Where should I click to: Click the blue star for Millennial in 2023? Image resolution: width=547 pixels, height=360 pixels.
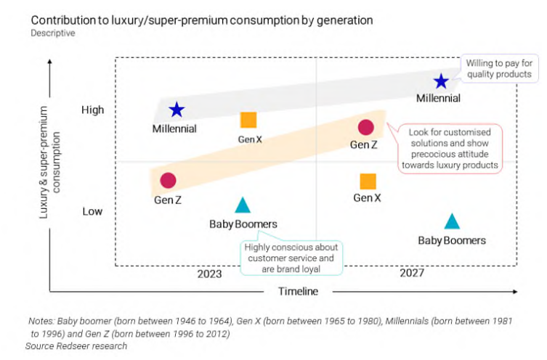177,110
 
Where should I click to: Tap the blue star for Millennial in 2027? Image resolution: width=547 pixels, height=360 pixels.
441,82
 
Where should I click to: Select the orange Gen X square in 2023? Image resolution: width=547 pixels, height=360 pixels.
248,120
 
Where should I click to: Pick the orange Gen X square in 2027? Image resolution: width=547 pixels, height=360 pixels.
368,181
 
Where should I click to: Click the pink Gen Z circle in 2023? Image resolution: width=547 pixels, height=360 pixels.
168,181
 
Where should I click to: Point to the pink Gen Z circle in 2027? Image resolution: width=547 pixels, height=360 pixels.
365,128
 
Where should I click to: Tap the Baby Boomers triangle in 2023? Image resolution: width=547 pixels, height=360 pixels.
243,205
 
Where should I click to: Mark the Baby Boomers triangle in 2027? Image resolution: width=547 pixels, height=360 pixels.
452,221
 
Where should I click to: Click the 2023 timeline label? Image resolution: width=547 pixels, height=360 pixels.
209,274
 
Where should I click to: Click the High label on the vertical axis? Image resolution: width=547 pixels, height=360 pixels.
93,110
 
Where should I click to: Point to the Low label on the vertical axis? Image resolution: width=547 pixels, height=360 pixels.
92,211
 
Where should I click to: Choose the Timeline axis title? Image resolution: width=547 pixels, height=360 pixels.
298,292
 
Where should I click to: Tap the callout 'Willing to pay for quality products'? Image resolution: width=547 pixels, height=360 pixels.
499,68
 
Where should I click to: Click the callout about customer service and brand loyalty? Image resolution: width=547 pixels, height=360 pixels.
291,258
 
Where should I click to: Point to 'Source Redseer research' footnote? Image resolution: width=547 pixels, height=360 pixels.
76,346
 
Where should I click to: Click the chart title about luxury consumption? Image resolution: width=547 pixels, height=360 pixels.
202,20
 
